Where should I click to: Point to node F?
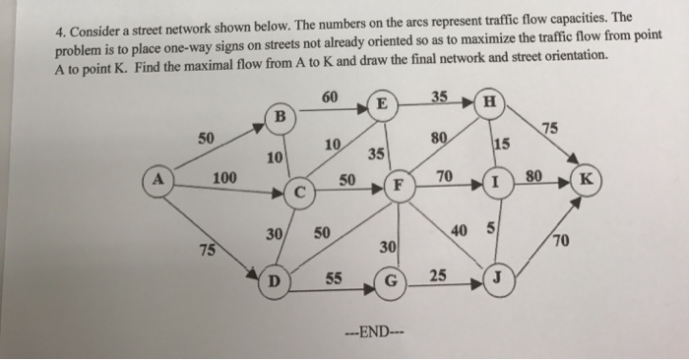[x=398, y=185]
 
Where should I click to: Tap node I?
[x=498, y=184]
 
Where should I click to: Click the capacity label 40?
[x=459, y=231]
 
